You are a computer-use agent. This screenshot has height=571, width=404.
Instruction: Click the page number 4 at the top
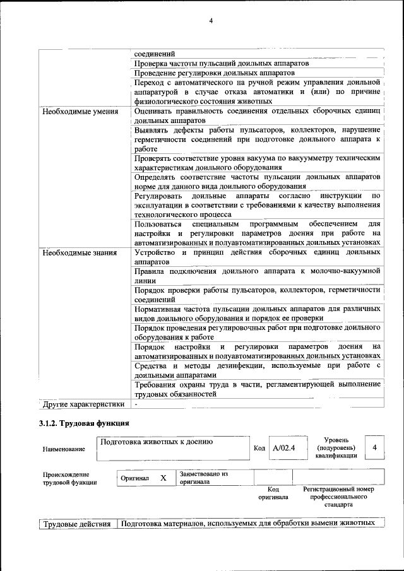211,21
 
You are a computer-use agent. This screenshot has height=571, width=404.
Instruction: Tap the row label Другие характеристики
81,403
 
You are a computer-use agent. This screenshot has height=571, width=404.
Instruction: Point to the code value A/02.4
284,448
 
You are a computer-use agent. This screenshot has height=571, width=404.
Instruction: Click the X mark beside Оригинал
163,478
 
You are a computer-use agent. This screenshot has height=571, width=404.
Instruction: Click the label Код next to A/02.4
259,448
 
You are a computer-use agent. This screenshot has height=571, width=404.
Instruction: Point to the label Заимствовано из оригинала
203,477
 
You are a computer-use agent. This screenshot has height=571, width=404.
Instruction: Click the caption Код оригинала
273,493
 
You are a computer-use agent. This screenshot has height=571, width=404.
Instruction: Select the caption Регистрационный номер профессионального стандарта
338,497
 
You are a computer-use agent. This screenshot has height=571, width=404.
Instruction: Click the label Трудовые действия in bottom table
76,523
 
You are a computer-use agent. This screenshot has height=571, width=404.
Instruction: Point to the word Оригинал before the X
134,478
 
